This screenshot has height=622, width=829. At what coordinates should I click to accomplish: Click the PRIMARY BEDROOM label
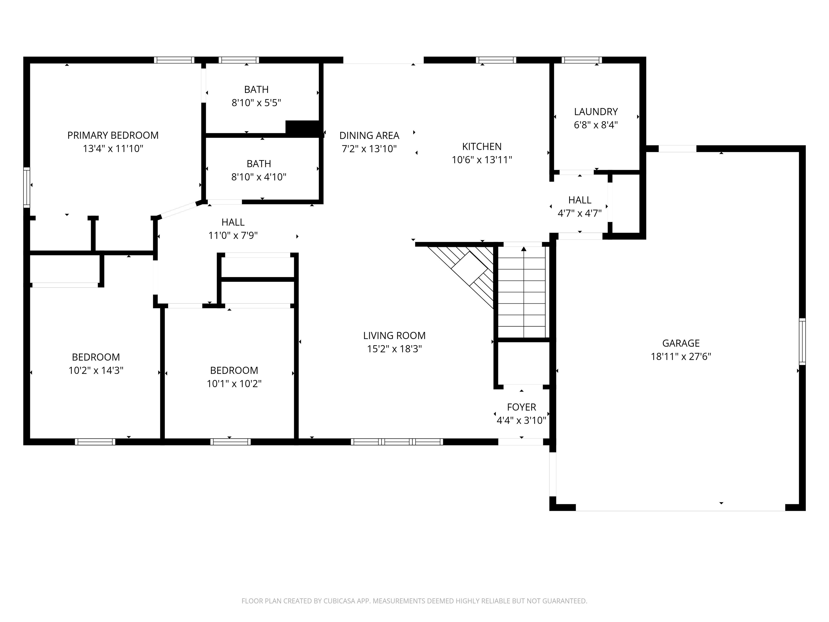tap(113, 135)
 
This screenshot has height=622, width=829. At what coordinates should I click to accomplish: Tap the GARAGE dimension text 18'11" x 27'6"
tap(681, 357)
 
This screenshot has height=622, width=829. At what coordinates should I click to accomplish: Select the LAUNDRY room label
tap(596, 112)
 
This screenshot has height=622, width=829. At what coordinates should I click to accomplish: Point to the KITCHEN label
tap(482, 147)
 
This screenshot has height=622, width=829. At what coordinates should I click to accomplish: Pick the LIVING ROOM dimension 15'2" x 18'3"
tap(394, 349)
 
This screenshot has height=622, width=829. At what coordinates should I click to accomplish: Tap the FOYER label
tap(521, 407)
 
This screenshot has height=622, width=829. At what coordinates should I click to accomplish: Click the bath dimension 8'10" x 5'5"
tap(256, 103)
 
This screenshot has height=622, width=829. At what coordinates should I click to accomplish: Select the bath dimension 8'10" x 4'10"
tap(259, 177)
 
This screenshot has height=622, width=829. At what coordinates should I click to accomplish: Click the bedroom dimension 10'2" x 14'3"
tap(96, 370)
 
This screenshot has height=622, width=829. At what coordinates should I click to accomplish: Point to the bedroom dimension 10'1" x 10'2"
tap(234, 384)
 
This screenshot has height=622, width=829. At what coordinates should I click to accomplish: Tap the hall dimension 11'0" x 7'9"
tap(233, 235)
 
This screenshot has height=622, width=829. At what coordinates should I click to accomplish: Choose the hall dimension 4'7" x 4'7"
tap(580, 213)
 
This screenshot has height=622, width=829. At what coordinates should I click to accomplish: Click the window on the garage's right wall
tap(802, 341)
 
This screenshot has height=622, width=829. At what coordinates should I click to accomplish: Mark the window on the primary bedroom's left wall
tap(27, 187)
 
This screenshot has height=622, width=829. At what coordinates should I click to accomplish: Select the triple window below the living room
tap(397, 442)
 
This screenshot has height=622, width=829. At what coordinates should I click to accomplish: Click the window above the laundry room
tap(582, 60)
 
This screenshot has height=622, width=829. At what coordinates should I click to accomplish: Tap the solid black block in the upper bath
tap(303, 128)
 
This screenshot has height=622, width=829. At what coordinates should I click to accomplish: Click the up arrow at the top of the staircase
tap(524, 249)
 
